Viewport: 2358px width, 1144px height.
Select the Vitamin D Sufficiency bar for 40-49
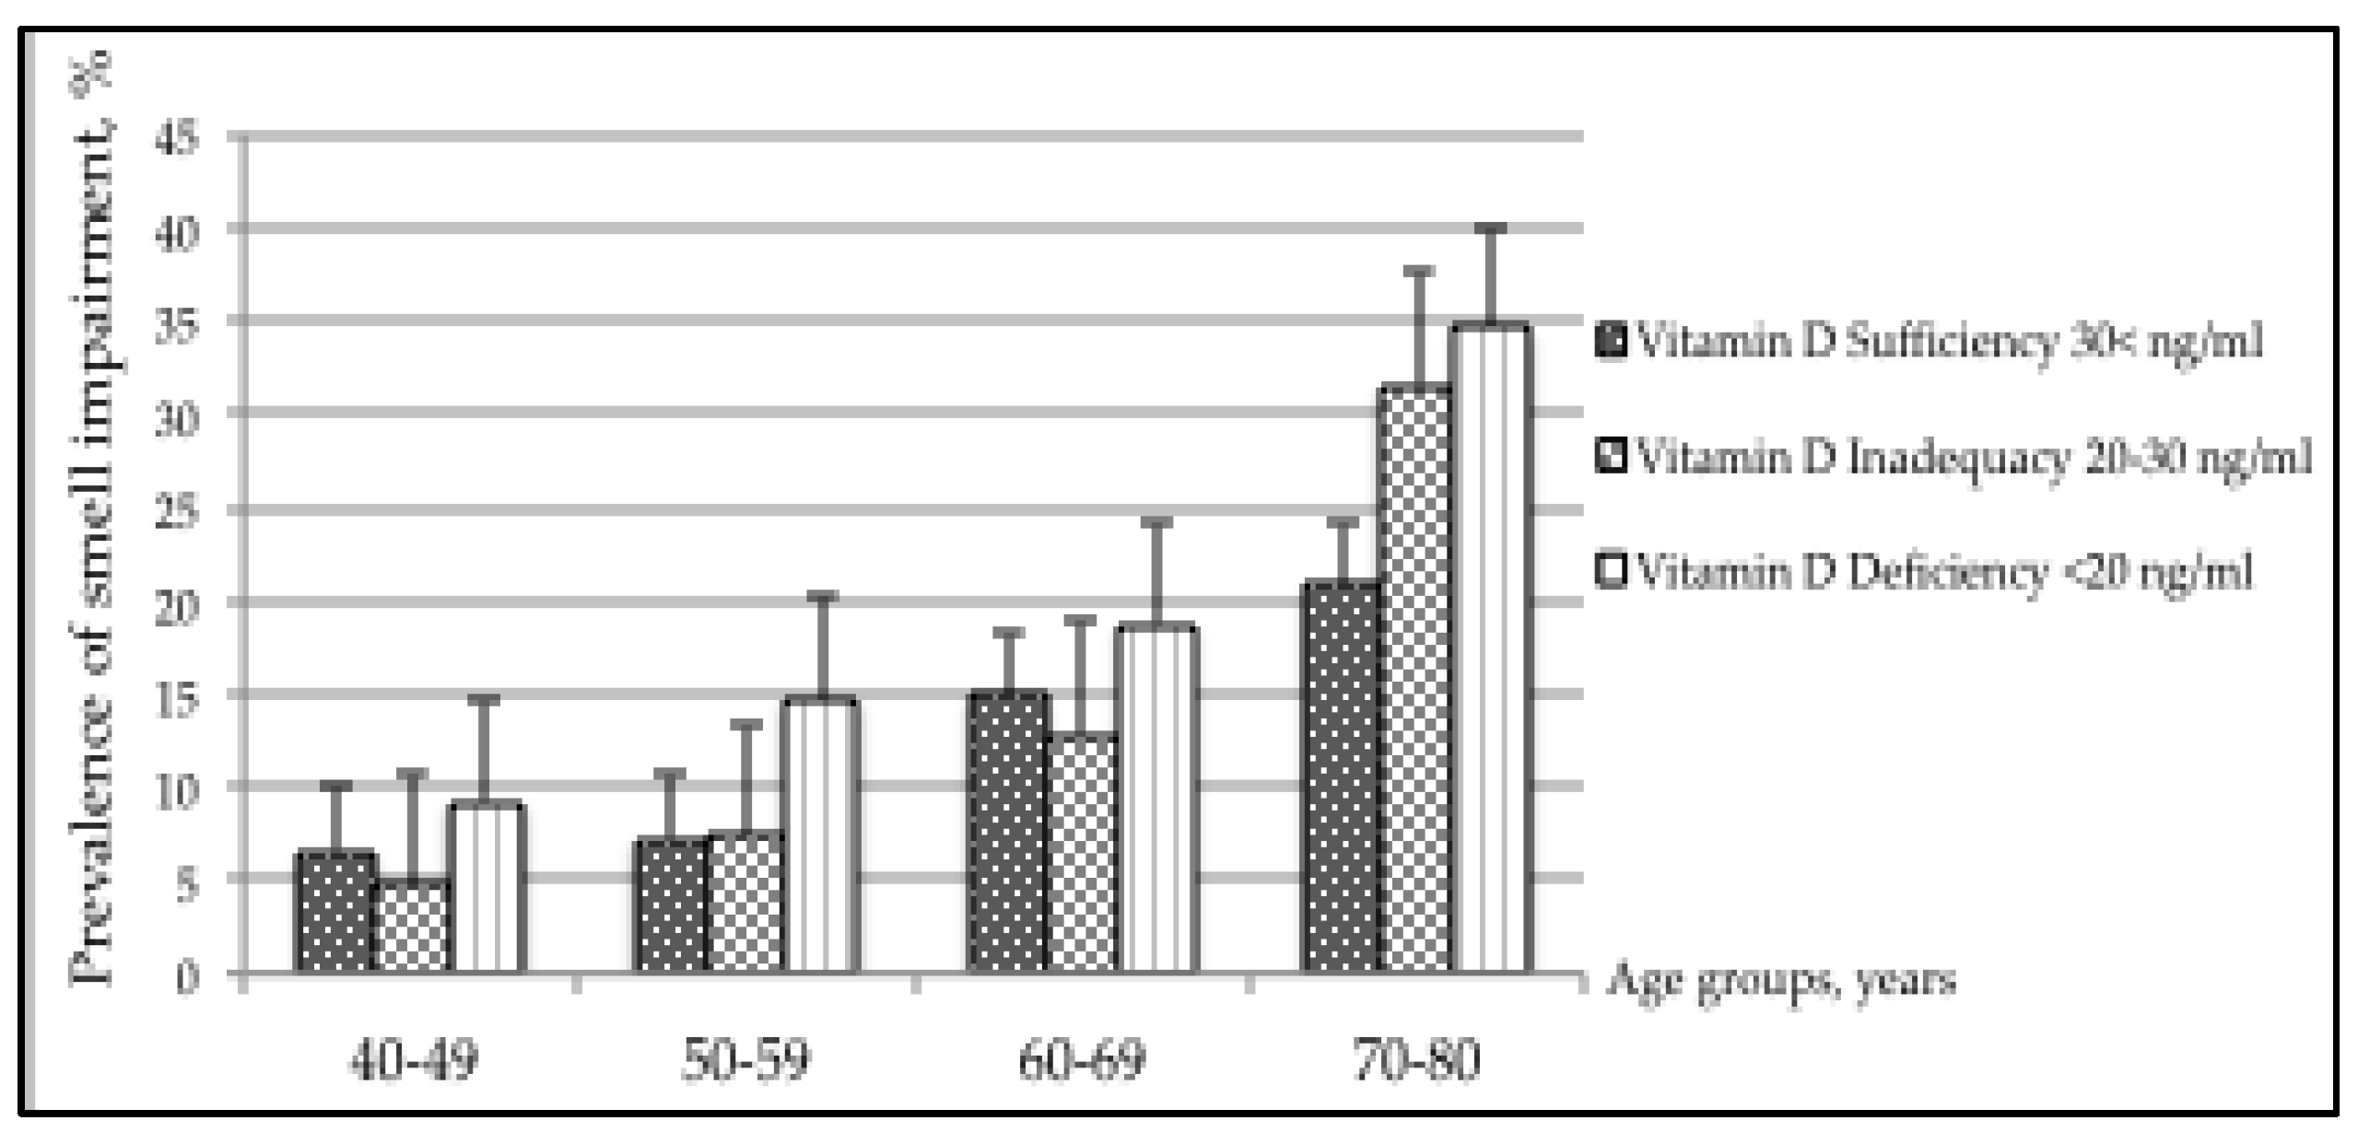[x=335, y=912]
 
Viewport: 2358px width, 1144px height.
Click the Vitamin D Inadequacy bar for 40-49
[x=413, y=925]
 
